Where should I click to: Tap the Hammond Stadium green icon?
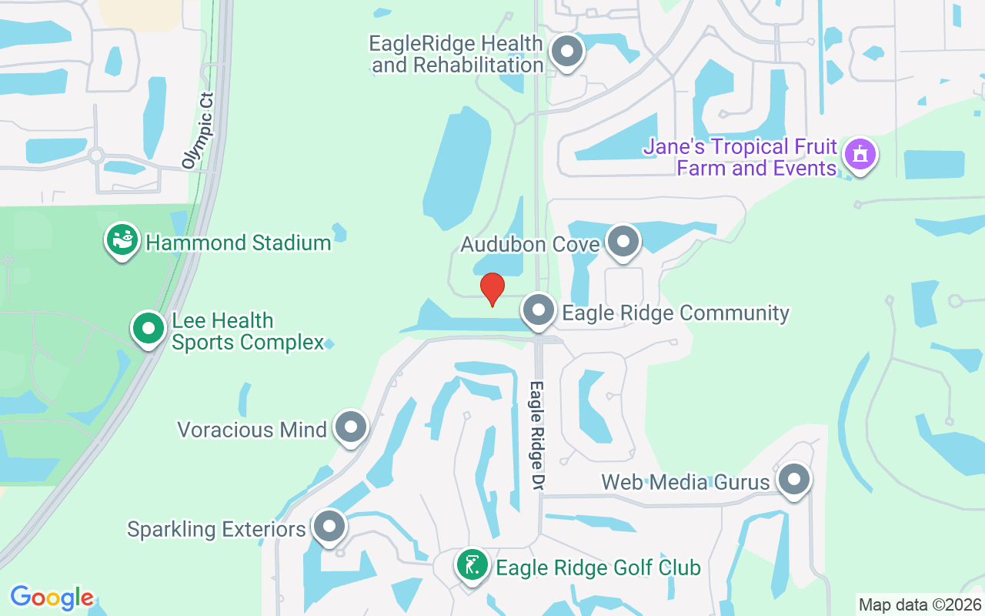(122, 240)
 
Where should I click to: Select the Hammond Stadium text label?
(239, 243)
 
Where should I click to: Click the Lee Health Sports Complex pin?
(149, 329)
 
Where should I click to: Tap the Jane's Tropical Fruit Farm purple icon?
(860, 155)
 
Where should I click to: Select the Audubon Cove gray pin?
(623, 242)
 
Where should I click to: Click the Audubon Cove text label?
(529, 245)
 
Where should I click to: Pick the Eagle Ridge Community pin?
(539, 311)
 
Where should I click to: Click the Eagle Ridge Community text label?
(676, 313)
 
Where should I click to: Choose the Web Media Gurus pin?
(794, 480)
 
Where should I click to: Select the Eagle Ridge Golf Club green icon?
(472, 566)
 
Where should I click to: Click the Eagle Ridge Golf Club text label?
(599, 568)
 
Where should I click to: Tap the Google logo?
(52, 598)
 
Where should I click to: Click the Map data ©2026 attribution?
(920, 604)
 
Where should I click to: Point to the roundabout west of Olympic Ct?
(96, 156)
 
